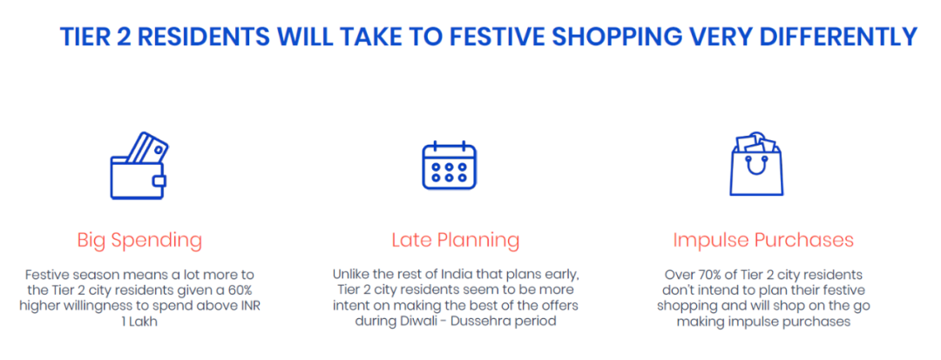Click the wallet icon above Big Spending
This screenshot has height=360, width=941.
click(x=139, y=166)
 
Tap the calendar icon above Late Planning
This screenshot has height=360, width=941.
click(x=449, y=165)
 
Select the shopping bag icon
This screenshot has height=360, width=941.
click(x=755, y=163)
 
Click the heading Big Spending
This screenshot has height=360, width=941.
click(x=139, y=241)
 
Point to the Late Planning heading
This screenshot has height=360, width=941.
click(x=456, y=241)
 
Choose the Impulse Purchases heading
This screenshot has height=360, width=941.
click(x=763, y=240)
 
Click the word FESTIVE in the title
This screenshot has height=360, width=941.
click(x=491, y=37)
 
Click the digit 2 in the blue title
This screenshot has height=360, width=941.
click(x=125, y=37)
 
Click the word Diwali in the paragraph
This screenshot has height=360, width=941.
click(x=416, y=322)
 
